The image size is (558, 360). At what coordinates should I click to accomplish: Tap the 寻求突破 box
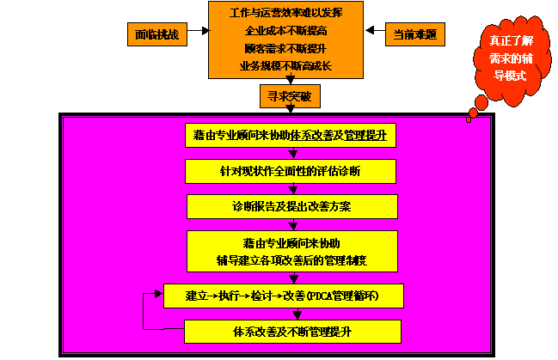[285, 95]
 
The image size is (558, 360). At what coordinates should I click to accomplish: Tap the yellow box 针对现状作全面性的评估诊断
[291, 172]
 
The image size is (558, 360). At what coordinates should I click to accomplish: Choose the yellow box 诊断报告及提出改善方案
[292, 207]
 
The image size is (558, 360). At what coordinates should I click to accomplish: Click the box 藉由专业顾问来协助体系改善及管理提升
[291, 136]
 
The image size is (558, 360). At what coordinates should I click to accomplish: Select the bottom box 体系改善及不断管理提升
[292, 331]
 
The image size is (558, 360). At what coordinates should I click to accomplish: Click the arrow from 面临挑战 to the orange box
[197, 32]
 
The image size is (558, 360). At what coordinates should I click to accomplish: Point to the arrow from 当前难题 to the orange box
[373, 32]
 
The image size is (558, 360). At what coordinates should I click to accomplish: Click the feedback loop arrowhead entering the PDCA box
[158, 293]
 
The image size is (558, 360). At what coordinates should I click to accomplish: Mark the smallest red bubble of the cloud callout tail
[469, 119]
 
